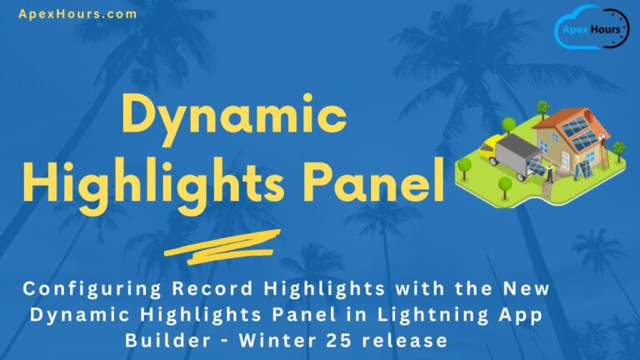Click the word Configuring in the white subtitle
[x=91, y=290]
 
